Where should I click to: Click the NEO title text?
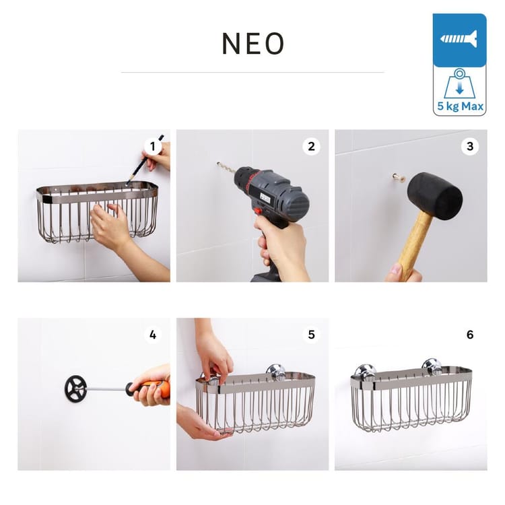252,44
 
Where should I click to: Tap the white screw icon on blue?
459,39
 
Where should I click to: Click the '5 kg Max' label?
460,106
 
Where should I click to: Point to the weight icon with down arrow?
460,83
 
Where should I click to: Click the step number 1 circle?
153,147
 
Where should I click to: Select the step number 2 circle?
311,147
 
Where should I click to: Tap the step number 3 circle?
470,147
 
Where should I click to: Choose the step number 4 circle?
153,335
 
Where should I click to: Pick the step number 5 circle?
311,335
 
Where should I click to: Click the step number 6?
470,335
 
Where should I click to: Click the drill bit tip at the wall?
218,164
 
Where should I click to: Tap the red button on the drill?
257,211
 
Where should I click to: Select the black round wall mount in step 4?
75,388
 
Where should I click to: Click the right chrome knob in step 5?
276,371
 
